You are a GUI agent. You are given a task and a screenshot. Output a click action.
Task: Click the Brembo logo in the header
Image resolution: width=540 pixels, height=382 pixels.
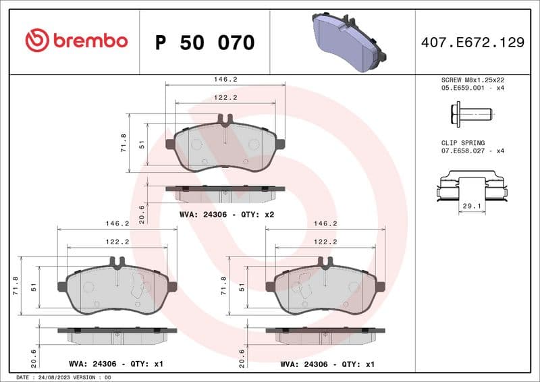76,41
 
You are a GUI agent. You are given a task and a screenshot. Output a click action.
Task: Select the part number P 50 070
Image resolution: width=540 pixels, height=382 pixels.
205,43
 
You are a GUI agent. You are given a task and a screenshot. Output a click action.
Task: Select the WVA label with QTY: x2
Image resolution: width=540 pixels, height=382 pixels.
226,215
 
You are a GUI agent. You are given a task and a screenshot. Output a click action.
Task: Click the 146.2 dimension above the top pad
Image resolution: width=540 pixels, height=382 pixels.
225,79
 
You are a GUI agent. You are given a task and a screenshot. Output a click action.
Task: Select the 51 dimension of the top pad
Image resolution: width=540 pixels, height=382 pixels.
141,143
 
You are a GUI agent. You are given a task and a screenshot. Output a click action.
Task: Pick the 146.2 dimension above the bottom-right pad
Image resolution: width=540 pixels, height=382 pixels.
325,223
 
